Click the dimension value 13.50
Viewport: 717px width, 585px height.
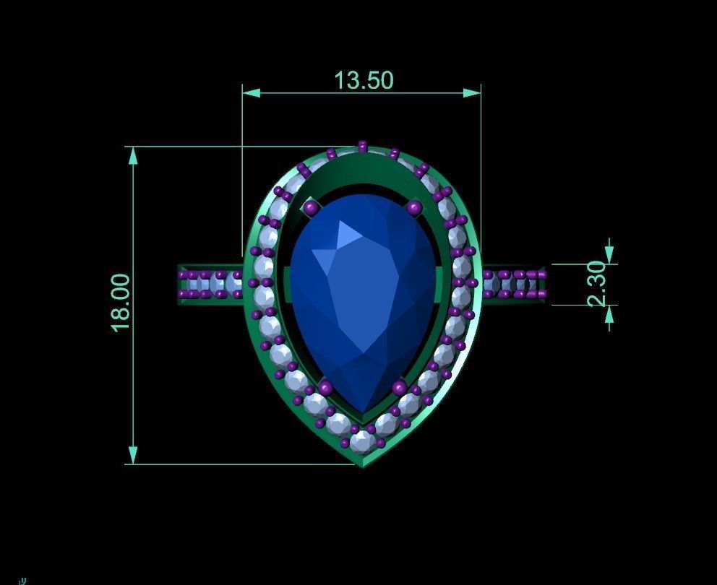click(364, 79)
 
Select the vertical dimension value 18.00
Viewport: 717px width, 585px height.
click(121, 302)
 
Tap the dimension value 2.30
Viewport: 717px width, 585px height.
click(596, 285)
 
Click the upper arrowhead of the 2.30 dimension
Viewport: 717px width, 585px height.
click(609, 255)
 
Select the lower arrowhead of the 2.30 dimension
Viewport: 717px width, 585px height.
click(609, 313)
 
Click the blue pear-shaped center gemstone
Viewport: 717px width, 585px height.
click(358, 289)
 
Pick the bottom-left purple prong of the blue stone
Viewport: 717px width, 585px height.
click(326, 389)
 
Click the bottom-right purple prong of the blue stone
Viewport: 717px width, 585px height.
click(398, 389)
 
